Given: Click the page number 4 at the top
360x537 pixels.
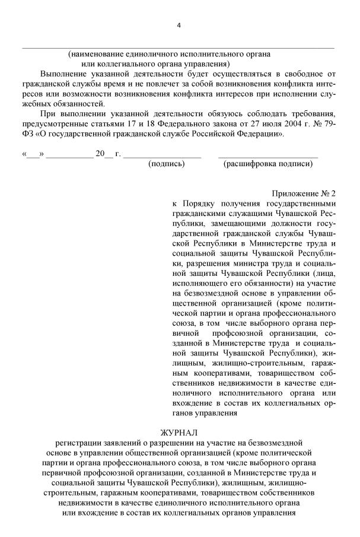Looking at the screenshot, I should (x=179, y=24).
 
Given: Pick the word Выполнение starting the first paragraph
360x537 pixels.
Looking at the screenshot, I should (x=64, y=73).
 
